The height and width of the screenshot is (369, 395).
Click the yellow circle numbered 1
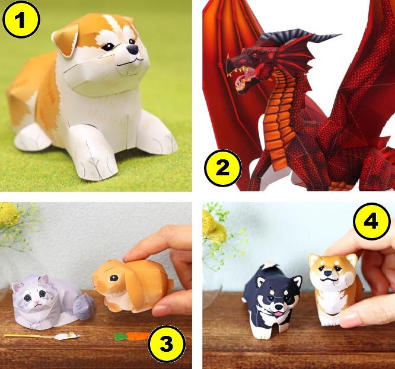[x=21, y=20]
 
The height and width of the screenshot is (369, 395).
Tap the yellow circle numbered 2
[x=222, y=168]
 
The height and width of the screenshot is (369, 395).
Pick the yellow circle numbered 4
[x=371, y=222]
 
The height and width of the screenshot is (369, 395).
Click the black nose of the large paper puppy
[x=133, y=49]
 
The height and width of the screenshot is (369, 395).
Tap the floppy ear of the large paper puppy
[x=65, y=40]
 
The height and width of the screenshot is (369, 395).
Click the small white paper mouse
[x=67, y=336]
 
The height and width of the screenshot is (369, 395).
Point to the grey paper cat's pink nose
[x=37, y=301]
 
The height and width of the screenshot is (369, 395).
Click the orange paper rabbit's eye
[x=114, y=278]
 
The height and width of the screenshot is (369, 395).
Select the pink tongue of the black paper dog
[x=278, y=313]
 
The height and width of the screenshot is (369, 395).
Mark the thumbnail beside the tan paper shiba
[x=351, y=318]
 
